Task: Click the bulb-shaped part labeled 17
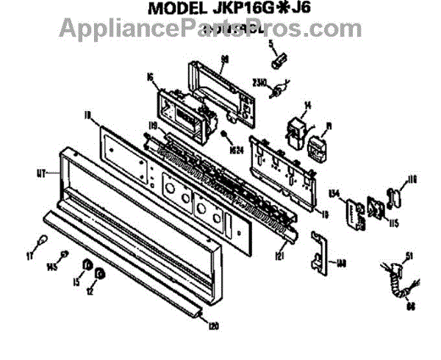(x=43, y=242)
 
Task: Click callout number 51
(x=409, y=255)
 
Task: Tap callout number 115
(x=394, y=223)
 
